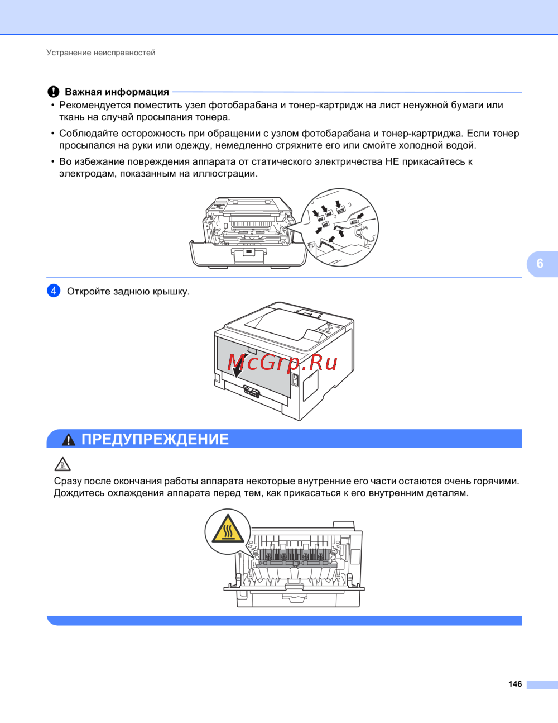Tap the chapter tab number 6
(540, 264)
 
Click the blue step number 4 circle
(54, 291)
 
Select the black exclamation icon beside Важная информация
(53, 92)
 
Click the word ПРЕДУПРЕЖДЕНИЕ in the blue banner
(155, 439)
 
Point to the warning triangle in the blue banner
(69, 440)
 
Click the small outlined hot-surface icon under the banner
(62, 464)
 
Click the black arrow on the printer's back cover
(238, 369)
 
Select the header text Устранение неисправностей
(100, 53)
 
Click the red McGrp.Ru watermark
(282, 362)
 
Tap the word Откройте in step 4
(89, 292)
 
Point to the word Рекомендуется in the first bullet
(95, 105)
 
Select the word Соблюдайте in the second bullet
(89, 134)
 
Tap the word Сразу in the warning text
(68, 481)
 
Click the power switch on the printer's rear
(294, 380)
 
